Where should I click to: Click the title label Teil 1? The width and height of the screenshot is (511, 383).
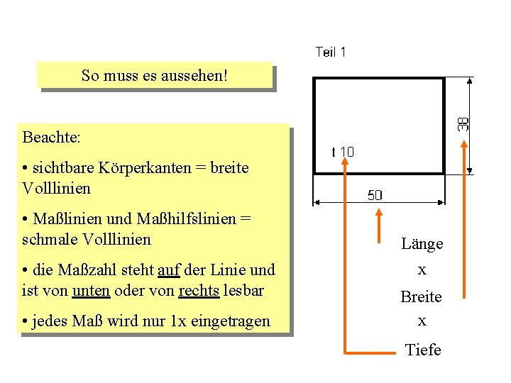coord(331,52)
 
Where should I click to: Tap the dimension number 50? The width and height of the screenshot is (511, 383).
coord(374,195)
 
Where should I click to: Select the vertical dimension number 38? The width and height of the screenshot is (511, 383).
coord(463,123)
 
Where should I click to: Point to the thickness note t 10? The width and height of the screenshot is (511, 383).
coord(343,152)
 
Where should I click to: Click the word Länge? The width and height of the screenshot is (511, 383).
coord(422,244)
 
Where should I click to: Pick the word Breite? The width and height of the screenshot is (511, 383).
coord(422,296)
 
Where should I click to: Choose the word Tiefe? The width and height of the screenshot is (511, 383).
coord(422,350)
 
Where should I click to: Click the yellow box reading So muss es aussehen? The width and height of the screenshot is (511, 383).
coord(155,75)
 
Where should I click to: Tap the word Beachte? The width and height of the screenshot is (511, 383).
coord(53,135)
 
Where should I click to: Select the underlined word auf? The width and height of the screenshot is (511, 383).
coord(168,270)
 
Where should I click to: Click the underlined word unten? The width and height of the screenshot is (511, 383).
coord(91,289)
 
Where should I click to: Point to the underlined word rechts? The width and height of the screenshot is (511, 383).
coord(199,289)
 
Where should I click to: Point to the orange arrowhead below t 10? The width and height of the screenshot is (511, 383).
coord(346,162)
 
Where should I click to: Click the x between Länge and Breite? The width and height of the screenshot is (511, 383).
coord(422,270)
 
